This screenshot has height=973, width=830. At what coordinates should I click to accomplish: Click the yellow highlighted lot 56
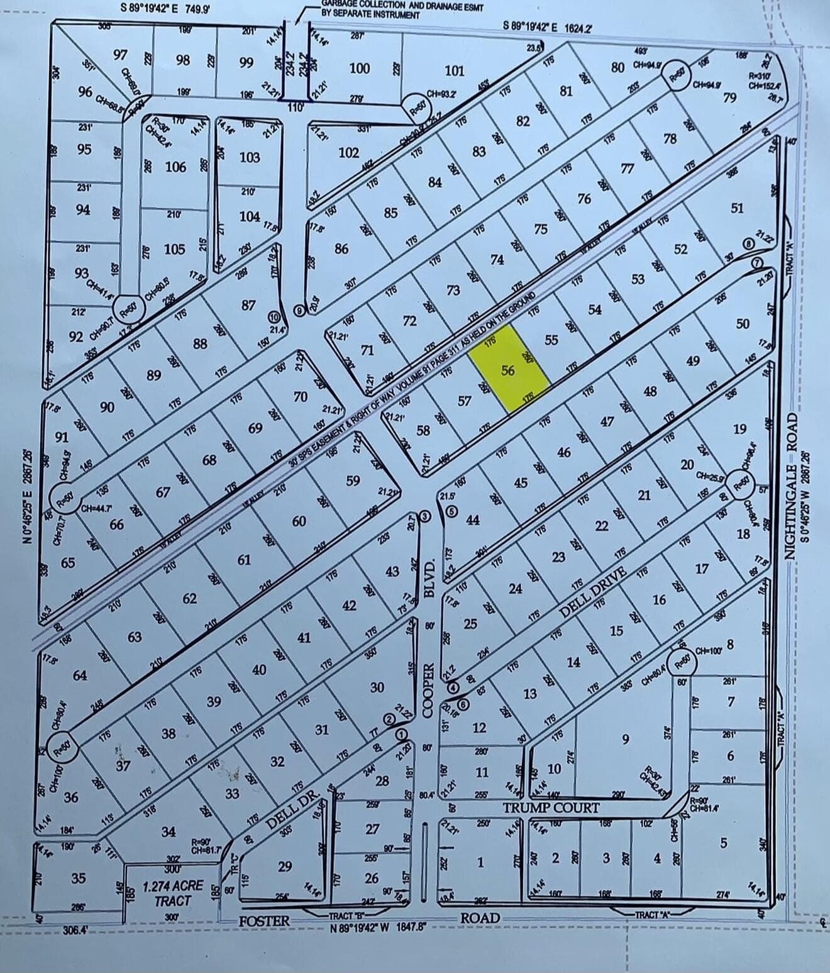click(x=508, y=370)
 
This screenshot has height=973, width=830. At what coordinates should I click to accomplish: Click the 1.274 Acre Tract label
click(x=172, y=892)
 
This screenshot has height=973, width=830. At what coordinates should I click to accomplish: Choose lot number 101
click(x=454, y=70)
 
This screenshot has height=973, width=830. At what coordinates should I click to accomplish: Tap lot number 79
click(x=729, y=97)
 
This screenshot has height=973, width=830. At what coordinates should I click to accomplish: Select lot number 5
click(x=723, y=842)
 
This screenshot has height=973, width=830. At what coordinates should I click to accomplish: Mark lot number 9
click(x=624, y=738)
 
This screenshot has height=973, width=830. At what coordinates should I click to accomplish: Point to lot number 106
click(x=175, y=167)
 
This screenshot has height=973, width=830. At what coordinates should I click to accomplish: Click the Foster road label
click(x=264, y=921)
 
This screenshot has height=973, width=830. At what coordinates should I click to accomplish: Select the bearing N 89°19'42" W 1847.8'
click(x=379, y=927)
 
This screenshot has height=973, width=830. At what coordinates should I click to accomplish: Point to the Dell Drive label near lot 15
click(x=592, y=592)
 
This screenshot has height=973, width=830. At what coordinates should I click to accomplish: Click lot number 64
click(x=80, y=676)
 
